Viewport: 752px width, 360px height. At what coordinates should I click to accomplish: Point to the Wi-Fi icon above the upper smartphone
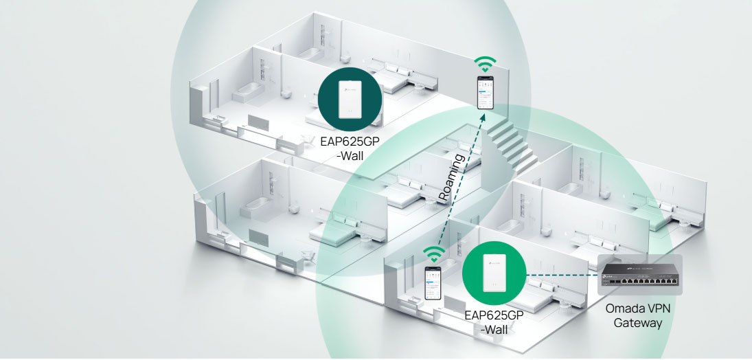486,65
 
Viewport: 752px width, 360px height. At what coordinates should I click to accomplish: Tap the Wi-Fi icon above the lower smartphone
431,254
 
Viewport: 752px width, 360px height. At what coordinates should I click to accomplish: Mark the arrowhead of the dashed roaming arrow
483,117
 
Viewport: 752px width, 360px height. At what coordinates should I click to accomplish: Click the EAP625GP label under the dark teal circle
350,142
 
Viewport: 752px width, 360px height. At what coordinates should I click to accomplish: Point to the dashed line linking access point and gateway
560,275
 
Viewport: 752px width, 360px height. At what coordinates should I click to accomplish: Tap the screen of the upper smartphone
486,93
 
